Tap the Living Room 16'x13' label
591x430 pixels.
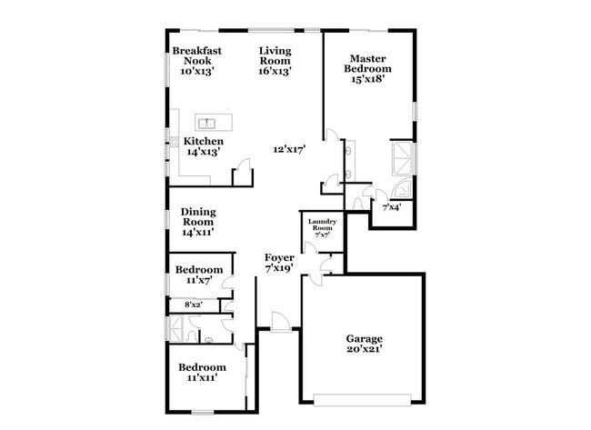coord(275,61)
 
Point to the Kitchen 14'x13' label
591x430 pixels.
coord(204,147)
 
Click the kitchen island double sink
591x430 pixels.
coord(208,122)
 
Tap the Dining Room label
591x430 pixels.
coord(197,221)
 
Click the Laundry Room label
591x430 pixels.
coord(323,228)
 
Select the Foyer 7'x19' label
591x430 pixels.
coord(279,264)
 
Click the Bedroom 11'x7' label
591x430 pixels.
coord(199,275)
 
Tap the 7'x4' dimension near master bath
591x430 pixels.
coord(391,208)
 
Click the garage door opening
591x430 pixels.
coord(362,398)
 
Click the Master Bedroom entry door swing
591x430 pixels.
coord(334,144)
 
